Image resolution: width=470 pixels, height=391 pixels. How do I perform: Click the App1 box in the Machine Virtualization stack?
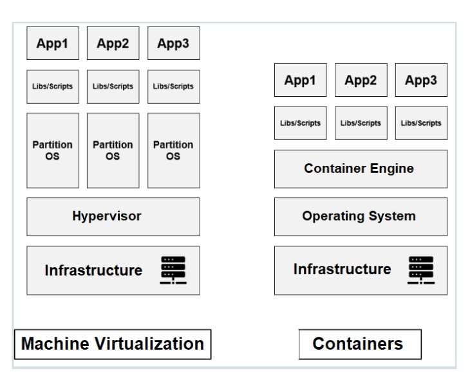coord(52,43)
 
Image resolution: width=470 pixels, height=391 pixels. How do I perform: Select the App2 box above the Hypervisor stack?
coord(113,43)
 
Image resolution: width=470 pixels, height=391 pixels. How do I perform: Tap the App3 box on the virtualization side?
coord(173,43)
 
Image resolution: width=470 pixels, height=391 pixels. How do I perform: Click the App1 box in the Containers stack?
coord(300,80)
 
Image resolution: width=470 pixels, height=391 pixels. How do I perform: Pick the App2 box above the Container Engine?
coord(361,80)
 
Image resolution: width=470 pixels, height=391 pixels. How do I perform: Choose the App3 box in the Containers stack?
coord(421,80)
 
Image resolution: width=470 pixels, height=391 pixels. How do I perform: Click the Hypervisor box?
coord(113,216)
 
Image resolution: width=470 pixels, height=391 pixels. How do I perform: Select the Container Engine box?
coord(361,169)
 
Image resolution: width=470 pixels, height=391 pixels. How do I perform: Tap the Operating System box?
coord(361,216)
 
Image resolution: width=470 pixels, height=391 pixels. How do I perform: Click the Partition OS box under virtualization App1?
coord(52,150)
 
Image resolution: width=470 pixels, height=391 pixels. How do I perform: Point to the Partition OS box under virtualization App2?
coord(113,150)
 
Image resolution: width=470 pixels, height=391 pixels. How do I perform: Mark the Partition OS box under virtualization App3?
coord(173,150)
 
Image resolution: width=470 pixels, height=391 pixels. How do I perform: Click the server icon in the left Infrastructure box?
coord(173,270)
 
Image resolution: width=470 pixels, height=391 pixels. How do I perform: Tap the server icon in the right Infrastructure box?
coord(421,270)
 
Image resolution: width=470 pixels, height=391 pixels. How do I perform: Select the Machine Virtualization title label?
coord(113,344)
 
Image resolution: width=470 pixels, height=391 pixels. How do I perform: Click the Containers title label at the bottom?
coord(359,344)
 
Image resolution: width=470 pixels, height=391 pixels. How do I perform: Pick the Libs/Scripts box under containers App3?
coord(421,123)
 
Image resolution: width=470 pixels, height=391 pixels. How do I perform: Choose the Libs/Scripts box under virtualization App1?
coord(52,86)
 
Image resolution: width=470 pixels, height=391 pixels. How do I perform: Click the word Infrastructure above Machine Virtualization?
coord(93,270)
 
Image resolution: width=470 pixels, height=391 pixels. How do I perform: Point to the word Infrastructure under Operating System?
coord(342,269)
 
